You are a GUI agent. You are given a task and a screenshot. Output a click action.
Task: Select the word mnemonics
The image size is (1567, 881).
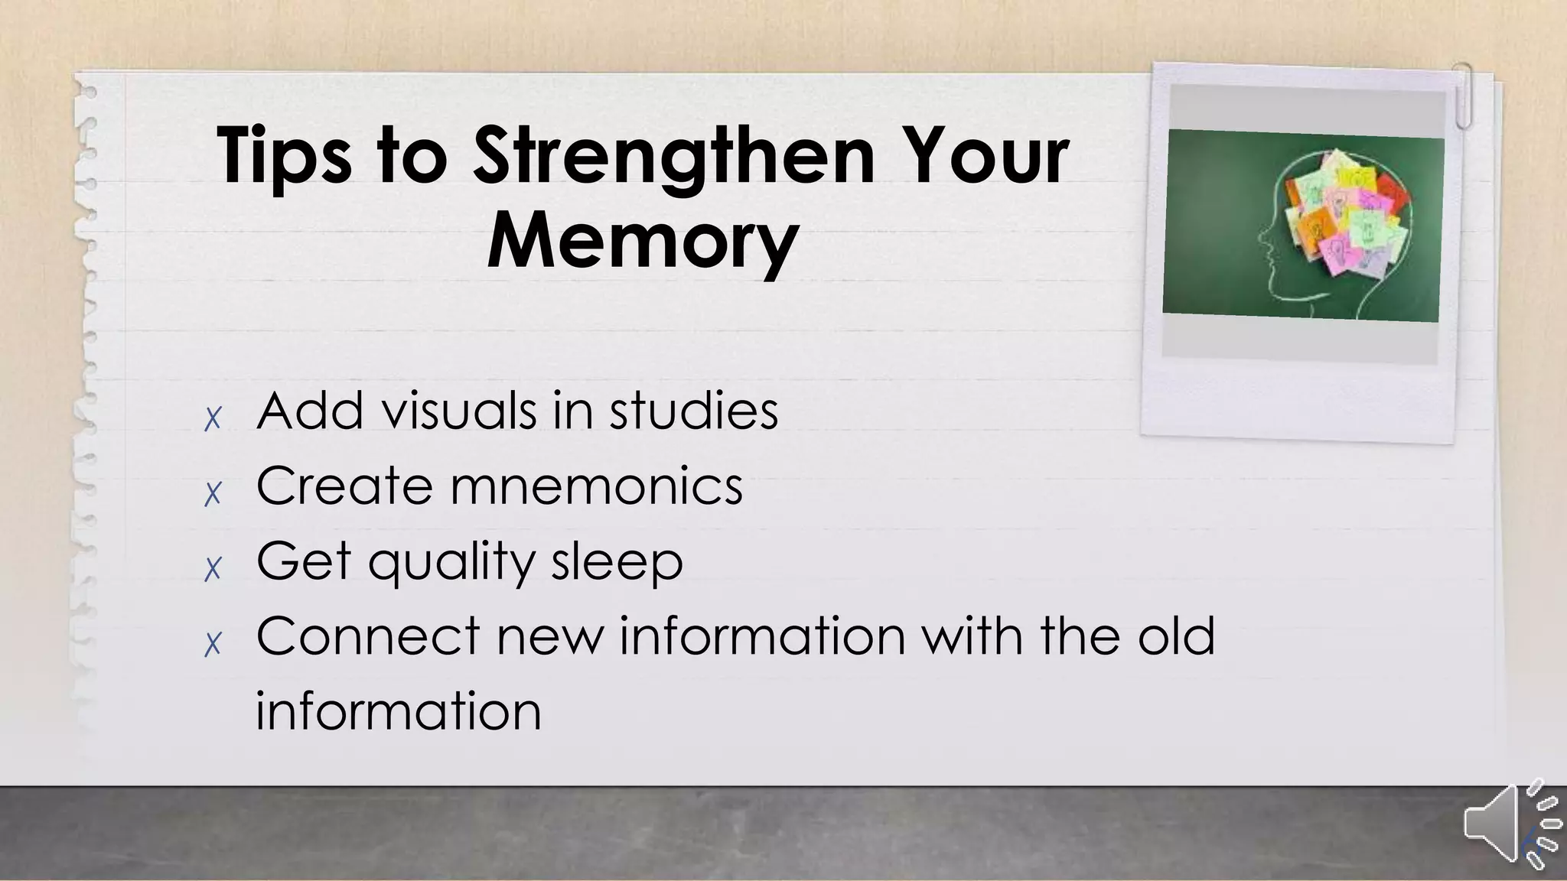(x=597, y=486)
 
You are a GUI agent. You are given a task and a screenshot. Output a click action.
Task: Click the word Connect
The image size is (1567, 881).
(x=368, y=636)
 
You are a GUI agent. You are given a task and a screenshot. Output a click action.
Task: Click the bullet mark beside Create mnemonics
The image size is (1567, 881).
(x=213, y=493)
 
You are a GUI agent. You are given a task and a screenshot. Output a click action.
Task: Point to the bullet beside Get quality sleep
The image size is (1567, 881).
(x=213, y=568)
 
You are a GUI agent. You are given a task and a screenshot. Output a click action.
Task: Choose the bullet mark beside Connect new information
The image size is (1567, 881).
(x=213, y=644)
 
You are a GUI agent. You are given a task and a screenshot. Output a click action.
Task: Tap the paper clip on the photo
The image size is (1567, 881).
(x=1463, y=95)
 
